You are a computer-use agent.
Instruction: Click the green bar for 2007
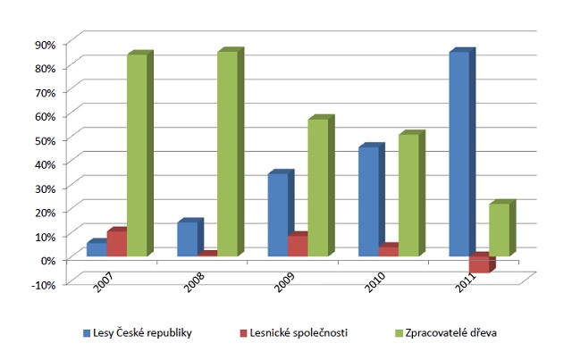pos(137,155)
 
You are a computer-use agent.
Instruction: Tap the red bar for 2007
pos(116,244)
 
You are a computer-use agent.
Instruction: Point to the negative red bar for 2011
pos(479,264)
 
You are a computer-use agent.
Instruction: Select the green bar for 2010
pos(408,196)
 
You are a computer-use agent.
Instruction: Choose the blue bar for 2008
pos(188,239)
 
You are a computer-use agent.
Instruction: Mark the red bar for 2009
pos(297,246)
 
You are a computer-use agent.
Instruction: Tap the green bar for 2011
pos(499,230)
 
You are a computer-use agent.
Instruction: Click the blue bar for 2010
pos(368,202)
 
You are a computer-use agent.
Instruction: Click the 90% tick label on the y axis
pos(45,44)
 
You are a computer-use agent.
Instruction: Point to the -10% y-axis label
pos(44,284)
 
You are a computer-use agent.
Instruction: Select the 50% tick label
pos(45,139)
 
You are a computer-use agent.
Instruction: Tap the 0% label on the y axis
pos(47,260)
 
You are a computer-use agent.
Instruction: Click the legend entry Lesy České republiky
pos(138,333)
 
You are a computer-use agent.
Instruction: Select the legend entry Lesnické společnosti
pos(291,333)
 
